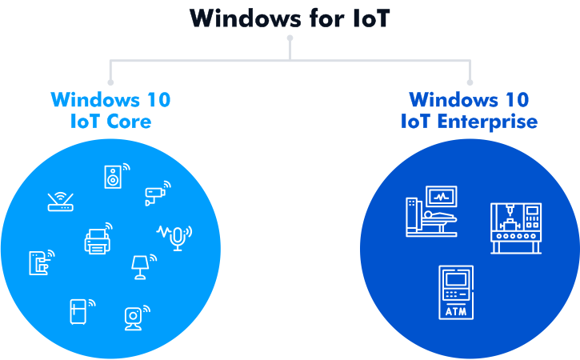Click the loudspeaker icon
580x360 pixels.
[x=113, y=177]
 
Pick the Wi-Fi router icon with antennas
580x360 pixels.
[x=60, y=202]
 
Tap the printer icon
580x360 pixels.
[x=96, y=240]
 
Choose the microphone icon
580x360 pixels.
[x=177, y=236]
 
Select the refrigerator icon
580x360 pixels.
[x=78, y=310]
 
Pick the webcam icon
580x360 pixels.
[x=133, y=318]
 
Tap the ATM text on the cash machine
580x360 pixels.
[x=457, y=310]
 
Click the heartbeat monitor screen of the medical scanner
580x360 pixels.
[x=442, y=196]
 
